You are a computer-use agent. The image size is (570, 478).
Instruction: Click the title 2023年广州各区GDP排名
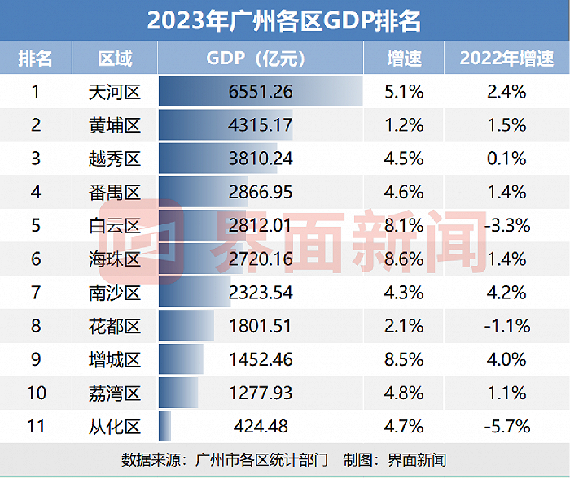click(284, 20)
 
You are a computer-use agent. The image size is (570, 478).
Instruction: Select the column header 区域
click(115, 59)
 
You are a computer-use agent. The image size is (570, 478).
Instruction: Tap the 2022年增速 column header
click(506, 59)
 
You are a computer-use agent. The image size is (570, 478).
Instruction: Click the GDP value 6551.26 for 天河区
click(261, 92)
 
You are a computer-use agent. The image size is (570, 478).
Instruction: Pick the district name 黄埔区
click(115, 125)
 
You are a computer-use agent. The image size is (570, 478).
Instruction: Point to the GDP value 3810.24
click(261, 159)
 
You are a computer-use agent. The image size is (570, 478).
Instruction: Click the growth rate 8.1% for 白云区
click(403, 225)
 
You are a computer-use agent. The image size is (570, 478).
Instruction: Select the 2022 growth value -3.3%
click(506, 225)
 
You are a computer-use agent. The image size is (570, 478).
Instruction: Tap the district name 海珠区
click(115, 259)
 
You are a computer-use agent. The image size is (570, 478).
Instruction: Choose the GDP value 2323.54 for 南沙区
click(261, 293)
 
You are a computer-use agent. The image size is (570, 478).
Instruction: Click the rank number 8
click(36, 326)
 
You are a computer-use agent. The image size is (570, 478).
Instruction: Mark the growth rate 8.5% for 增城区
click(403, 359)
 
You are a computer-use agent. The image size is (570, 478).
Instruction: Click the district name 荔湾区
click(115, 393)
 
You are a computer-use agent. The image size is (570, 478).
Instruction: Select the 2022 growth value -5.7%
click(506, 426)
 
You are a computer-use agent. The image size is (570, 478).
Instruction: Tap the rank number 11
click(36, 426)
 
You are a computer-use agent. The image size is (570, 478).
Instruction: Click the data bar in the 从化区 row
click(164, 426)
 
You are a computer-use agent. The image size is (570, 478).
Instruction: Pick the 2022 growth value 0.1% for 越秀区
click(506, 159)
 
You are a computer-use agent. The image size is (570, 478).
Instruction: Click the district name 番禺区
click(115, 192)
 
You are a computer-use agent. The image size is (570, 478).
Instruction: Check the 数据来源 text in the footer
click(155, 459)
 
